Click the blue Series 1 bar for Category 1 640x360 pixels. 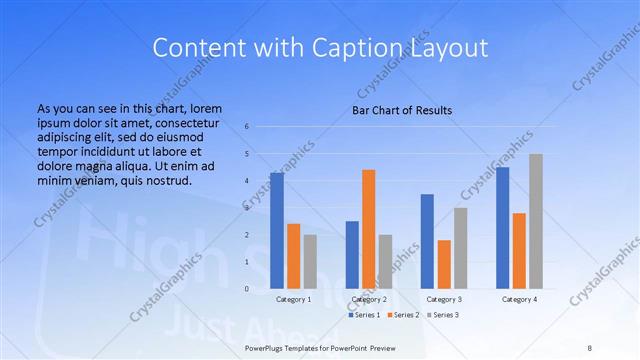pos(277,231)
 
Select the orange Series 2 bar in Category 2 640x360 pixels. pos(369,229)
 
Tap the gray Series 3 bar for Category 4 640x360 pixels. pos(536,221)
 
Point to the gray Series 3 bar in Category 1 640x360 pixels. pos(310,261)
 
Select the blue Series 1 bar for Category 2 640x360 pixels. pos(352,254)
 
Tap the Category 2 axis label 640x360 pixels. pos(369,299)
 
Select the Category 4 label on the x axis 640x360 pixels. pos(519,299)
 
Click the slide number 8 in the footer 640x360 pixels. pos(589,346)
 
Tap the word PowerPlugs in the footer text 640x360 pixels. pos(268,346)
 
